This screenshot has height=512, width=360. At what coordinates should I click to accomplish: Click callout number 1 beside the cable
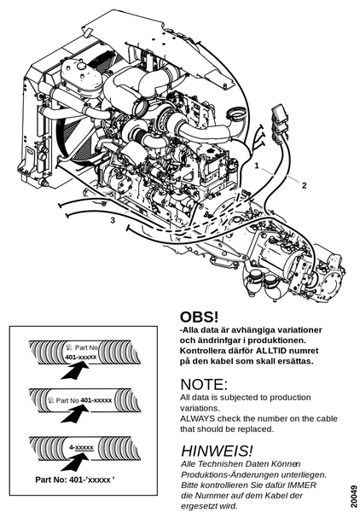pos(257,166)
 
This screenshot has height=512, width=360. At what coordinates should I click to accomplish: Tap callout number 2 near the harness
pos(305,185)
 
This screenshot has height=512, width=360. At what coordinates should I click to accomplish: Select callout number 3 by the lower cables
pos(113,220)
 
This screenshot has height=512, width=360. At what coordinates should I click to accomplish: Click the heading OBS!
pos(199,317)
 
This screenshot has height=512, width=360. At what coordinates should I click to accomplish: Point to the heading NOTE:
pos(204,384)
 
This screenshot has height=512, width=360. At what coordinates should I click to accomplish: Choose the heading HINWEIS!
pos(217,451)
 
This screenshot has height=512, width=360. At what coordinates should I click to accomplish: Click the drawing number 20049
pos(354,496)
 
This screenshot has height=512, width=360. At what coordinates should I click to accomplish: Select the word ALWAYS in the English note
pos(197,419)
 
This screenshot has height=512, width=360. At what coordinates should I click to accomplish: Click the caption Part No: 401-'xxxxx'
pos(75,480)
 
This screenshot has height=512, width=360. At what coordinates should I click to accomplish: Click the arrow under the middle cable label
pos(75,414)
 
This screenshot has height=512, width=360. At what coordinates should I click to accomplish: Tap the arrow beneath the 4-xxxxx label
pos(75,462)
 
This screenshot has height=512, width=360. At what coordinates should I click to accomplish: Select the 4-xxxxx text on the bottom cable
pos(81,447)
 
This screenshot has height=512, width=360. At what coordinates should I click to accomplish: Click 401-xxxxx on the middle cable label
pos(96,400)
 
